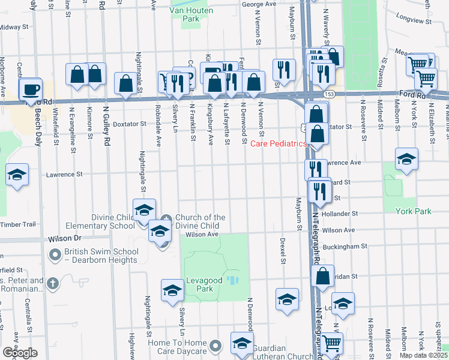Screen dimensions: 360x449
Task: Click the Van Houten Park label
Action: click(x=184, y=14)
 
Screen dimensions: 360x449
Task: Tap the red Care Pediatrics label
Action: click(x=278, y=143)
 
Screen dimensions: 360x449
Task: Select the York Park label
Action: click(x=414, y=211)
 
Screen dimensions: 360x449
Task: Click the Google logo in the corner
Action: click(x=20, y=353)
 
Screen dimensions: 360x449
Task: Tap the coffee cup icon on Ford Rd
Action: click(x=30, y=90)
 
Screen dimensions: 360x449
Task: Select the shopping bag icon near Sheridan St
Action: click(x=323, y=276)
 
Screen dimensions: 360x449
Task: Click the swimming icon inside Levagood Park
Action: click(x=235, y=280)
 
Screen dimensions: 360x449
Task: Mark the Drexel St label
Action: click(x=282, y=250)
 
